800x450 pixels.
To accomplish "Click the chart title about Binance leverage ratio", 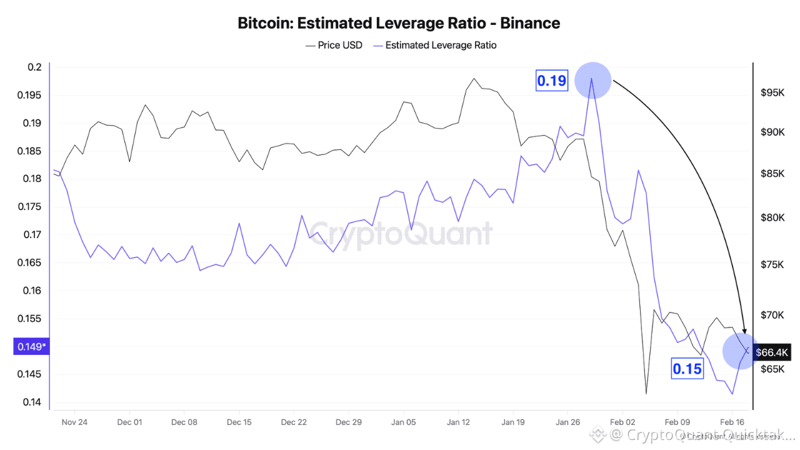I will click(x=399, y=24).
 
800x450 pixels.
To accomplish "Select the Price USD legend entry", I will click(x=334, y=45).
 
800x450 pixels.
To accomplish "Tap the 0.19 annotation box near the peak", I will click(x=552, y=81).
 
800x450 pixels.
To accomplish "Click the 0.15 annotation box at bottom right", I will click(x=687, y=369).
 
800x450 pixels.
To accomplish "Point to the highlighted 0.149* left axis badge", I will click(x=31, y=346).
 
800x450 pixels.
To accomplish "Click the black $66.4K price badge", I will click(x=772, y=352).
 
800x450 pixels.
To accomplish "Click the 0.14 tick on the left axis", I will click(x=33, y=402).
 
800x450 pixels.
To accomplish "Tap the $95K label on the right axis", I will click(x=772, y=92).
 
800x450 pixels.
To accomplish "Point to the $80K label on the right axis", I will click(x=772, y=218).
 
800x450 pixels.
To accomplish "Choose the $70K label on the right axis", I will click(x=772, y=315).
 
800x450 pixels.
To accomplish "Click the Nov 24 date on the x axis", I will click(x=74, y=422).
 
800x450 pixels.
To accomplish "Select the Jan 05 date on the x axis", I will click(x=404, y=422).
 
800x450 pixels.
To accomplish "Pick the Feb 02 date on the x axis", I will click(x=623, y=422).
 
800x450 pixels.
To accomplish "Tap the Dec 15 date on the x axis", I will click(x=239, y=422).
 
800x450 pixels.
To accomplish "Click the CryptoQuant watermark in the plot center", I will click(x=401, y=234).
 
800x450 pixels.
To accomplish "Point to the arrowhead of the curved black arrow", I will click(x=744, y=331).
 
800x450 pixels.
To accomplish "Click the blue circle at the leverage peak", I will click(x=592, y=80).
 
